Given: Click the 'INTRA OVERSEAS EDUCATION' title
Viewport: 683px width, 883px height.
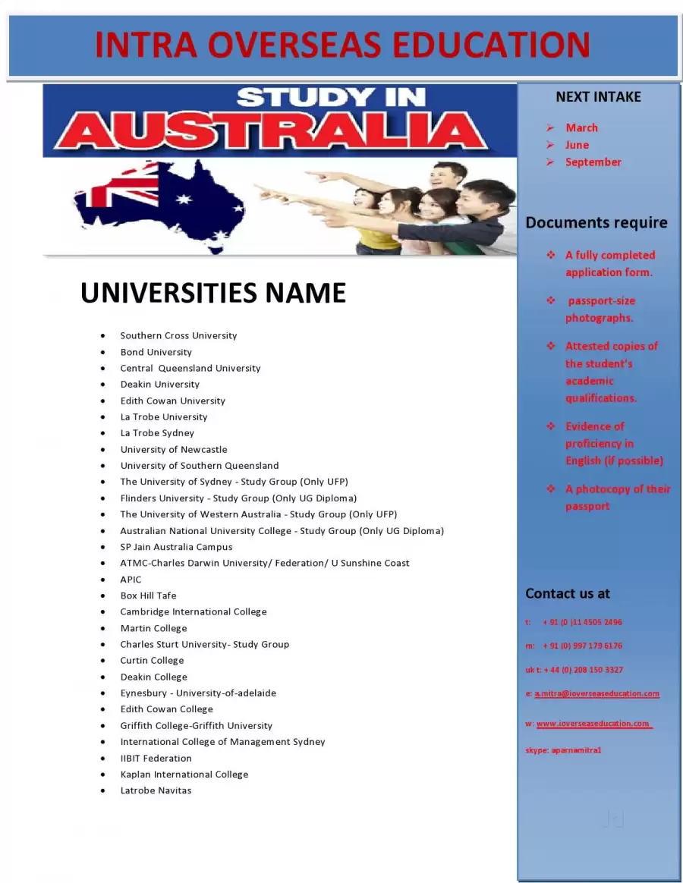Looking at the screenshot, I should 342,46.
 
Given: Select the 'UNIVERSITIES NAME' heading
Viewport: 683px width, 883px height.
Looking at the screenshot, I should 213,293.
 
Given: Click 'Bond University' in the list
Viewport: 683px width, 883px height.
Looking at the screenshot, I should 156,352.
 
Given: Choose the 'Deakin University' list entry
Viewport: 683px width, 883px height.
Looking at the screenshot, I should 159,384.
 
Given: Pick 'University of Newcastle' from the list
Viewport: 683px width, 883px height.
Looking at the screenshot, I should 173,449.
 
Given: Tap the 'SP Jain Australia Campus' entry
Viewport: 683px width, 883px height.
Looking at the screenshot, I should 176,547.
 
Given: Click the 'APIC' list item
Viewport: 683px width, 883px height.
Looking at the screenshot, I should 131,580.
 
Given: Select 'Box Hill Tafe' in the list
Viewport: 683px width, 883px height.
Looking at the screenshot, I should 148,595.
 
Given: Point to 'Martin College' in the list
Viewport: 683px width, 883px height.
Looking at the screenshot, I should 153,628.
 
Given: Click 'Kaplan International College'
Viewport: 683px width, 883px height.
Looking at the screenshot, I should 184,775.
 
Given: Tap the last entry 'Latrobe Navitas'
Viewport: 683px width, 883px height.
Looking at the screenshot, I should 156,790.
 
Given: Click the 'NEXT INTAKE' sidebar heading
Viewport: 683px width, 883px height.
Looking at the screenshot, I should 598,97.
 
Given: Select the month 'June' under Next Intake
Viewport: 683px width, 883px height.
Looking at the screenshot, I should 577,145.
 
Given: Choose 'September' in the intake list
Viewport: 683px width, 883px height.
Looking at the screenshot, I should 593,162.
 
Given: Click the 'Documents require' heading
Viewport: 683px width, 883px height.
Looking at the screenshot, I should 596,223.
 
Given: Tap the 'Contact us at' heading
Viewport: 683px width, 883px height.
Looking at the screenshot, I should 568,594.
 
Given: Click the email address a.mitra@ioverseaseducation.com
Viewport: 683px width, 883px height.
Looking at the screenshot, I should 596,693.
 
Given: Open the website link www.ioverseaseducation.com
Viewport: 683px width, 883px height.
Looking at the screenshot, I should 593,724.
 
